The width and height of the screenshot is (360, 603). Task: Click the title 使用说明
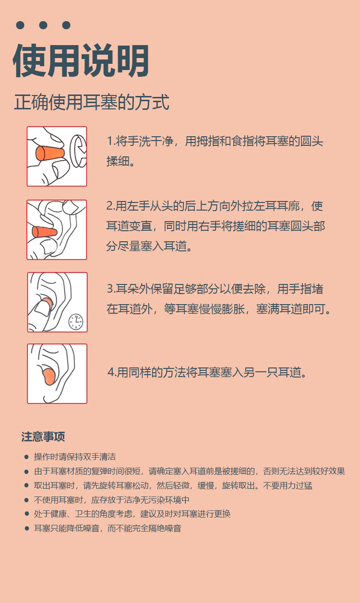pyautogui.click(x=81, y=60)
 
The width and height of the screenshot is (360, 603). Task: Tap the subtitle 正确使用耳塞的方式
pyautogui.click(x=92, y=102)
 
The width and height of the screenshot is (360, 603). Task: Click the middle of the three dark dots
pyautogui.click(x=43, y=25)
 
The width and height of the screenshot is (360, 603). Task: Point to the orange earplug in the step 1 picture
pyautogui.click(x=50, y=154)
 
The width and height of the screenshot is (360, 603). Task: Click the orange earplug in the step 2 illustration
pyautogui.click(x=45, y=232)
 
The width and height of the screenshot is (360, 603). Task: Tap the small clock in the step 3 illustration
pyautogui.click(x=76, y=322)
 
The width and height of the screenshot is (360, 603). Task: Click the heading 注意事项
pyautogui.click(x=43, y=437)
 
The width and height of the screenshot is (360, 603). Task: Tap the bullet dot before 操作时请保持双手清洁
pyautogui.click(x=26, y=457)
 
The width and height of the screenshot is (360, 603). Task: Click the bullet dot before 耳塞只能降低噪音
pyautogui.click(x=26, y=529)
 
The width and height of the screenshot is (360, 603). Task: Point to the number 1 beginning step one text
pyautogui.click(x=109, y=141)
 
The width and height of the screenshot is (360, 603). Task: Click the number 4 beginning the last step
pyautogui.click(x=111, y=372)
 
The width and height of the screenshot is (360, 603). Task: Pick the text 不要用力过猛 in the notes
pyautogui.click(x=288, y=485)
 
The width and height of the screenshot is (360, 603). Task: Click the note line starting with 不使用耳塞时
pyautogui.click(x=112, y=500)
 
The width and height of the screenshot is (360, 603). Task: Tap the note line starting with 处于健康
pyautogui.click(x=132, y=514)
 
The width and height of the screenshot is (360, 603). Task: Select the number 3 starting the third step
pyautogui.click(x=110, y=289)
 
